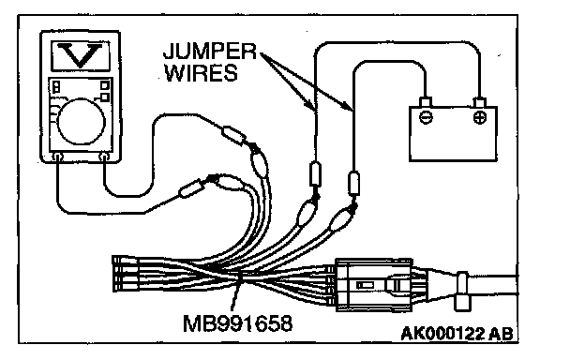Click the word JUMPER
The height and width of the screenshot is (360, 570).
(210, 52)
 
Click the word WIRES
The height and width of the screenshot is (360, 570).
(201, 73)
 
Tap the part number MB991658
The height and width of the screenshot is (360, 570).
(237, 322)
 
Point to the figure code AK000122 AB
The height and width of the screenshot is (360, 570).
(457, 334)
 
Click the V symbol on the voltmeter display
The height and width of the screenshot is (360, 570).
(81, 54)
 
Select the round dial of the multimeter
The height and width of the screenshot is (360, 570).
(81, 121)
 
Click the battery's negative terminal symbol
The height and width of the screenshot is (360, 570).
(426, 117)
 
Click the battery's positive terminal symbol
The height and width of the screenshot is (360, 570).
(480, 117)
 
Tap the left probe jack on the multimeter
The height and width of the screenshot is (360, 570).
(57, 157)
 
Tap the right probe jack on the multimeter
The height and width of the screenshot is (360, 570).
(104, 157)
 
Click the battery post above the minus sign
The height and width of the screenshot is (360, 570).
(426, 102)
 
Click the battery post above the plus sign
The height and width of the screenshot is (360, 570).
(480, 102)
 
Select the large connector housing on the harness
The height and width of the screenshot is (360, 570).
(374, 285)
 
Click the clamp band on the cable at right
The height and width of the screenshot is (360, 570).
(462, 291)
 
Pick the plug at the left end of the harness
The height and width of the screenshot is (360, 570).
(126, 274)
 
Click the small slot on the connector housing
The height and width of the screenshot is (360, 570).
(362, 285)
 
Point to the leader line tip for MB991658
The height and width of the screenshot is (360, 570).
(240, 277)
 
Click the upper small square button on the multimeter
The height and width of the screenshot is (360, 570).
(105, 85)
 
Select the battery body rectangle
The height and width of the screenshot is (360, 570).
(453, 133)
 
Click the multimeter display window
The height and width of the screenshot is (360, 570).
(81, 55)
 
